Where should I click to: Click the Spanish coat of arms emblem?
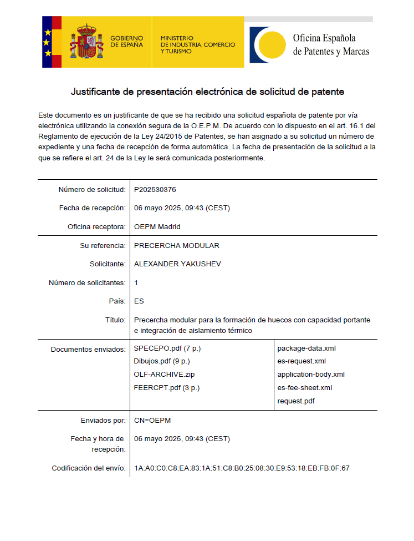point(85,42)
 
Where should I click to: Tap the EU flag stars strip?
point(48,42)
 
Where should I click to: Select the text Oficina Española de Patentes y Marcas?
point(331,45)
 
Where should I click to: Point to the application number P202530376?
point(155,190)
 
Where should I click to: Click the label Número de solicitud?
point(92,190)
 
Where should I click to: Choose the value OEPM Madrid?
point(157,227)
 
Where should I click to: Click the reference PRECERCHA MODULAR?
point(177,246)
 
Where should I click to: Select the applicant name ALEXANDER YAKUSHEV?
point(177,264)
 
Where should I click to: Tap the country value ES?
point(139,301)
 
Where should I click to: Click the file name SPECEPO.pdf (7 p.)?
point(167,348)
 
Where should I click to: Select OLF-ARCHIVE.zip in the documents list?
point(165,375)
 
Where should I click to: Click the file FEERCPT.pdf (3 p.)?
point(167,387)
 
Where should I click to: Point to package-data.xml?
point(306,348)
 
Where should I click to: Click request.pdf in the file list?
point(296,400)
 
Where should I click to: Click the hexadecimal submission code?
point(242,468)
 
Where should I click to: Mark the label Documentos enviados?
point(88,350)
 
